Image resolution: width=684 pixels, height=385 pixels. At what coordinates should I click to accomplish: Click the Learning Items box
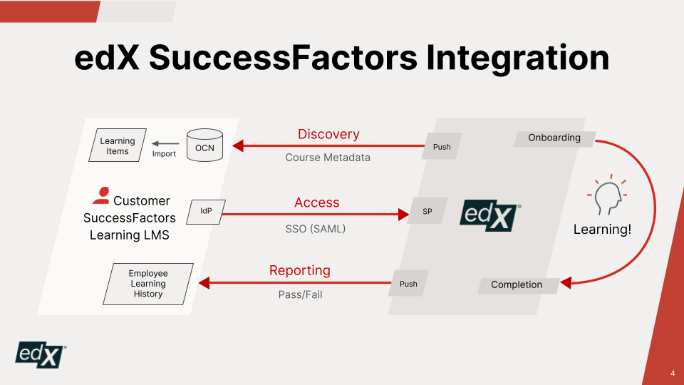118,146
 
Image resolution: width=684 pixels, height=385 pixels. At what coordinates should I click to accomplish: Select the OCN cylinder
204,145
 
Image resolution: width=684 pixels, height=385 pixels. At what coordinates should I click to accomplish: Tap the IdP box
206,211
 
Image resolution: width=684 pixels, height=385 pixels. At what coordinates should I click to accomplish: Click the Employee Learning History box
148,284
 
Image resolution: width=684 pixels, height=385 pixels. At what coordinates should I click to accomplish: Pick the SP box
427,211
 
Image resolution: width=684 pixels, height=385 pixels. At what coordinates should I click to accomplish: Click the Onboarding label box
554,138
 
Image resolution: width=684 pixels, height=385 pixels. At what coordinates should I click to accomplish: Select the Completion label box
517,284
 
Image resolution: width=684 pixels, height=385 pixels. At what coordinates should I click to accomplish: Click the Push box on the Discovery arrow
442,147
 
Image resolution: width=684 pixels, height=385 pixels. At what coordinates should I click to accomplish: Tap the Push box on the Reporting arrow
408,284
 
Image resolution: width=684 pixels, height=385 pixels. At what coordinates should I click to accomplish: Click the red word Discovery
328,134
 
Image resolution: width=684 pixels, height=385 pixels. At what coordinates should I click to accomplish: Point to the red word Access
317,202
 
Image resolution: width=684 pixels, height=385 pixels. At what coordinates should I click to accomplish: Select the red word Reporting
300,270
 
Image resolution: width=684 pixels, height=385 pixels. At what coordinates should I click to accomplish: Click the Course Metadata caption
328,158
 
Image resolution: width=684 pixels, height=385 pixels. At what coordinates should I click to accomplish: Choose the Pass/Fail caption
300,294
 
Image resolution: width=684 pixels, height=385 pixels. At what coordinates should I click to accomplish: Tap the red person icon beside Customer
101,195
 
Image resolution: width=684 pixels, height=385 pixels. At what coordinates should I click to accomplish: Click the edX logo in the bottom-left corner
41,354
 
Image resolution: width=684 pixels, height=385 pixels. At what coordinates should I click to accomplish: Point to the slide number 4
673,374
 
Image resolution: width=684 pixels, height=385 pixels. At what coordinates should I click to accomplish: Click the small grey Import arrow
165,143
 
